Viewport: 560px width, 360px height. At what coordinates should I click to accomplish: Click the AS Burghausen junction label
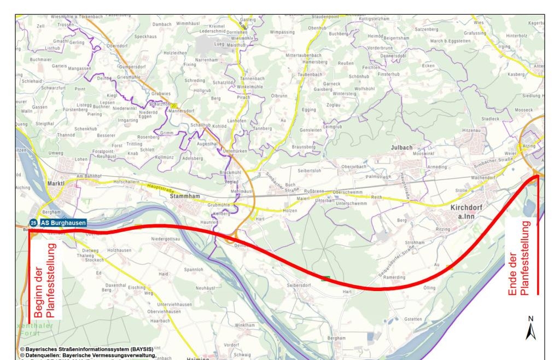[63, 223]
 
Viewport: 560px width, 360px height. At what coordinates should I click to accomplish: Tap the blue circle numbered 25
[34, 223]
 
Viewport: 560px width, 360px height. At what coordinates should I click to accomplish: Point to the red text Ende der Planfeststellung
[519, 258]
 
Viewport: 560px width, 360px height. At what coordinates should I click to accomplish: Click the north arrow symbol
[530, 330]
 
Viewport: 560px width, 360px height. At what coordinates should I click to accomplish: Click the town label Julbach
[402, 148]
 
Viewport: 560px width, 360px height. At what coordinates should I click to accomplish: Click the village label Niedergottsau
[166, 239]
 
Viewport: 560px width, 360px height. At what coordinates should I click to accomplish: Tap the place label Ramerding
[394, 277]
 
